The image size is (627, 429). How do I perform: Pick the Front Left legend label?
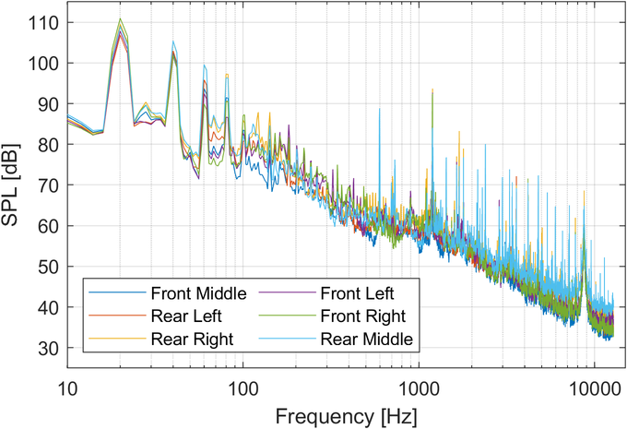pyautogui.click(x=357, y=294)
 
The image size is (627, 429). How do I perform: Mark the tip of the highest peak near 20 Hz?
pyautogui.click(x=120, y=18)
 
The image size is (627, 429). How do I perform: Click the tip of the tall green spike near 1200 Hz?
pyautogui.click(x=432, y=89)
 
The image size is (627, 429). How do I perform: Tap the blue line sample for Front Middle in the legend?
pyautogui.click(x=118, y=294)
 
